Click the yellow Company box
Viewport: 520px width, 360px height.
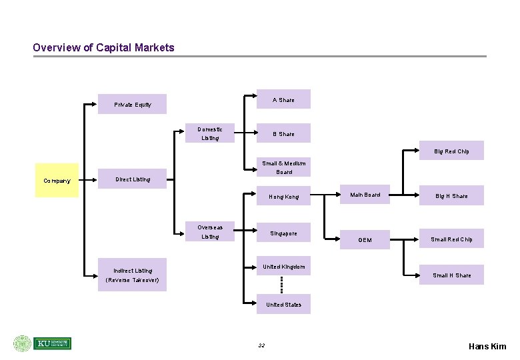click(57, 181)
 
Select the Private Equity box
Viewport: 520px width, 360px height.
click(132, 105)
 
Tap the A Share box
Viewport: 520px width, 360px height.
click(283, 100)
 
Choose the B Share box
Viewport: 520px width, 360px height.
click(283, 134)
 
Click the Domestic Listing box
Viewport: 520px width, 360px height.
click(210, 133)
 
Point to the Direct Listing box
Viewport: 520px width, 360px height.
click(133, 179)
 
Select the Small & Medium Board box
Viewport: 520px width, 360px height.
click(283, 167)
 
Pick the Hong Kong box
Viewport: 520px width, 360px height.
click(283, 197)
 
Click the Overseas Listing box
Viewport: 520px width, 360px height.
click(210, 232)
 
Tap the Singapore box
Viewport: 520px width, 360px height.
click(283, 233)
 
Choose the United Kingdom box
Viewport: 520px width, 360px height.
click(283, 267)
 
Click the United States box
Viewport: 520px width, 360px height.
click(283, 305)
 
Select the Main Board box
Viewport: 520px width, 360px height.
click(365, 195)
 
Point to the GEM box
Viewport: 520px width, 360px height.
click(365, 239)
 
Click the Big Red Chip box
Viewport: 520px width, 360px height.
click(451, 151)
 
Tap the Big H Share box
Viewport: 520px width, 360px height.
click(451, 196)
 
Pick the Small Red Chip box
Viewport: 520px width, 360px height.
click(451, 239)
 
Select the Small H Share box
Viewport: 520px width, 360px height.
click(451, 275)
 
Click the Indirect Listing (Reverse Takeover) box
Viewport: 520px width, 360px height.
click(132, 275)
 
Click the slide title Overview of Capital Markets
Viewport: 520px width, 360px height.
click(103, 48)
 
